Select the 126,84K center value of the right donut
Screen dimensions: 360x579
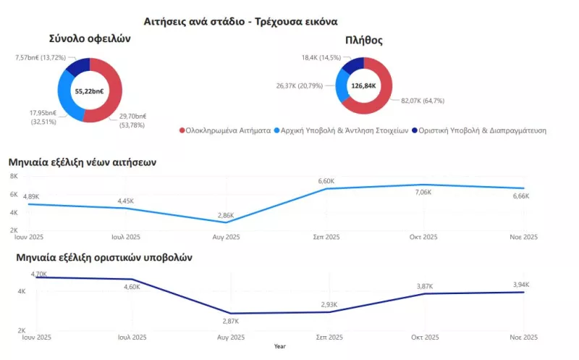363,85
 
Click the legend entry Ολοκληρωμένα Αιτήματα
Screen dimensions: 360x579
224,130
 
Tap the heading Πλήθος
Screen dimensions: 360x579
363,41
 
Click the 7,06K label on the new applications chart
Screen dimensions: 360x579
423,193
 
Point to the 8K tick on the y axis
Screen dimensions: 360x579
13,176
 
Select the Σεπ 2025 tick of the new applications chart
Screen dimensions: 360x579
327,238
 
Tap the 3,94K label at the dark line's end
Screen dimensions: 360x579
522,285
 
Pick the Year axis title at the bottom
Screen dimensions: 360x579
279,346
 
